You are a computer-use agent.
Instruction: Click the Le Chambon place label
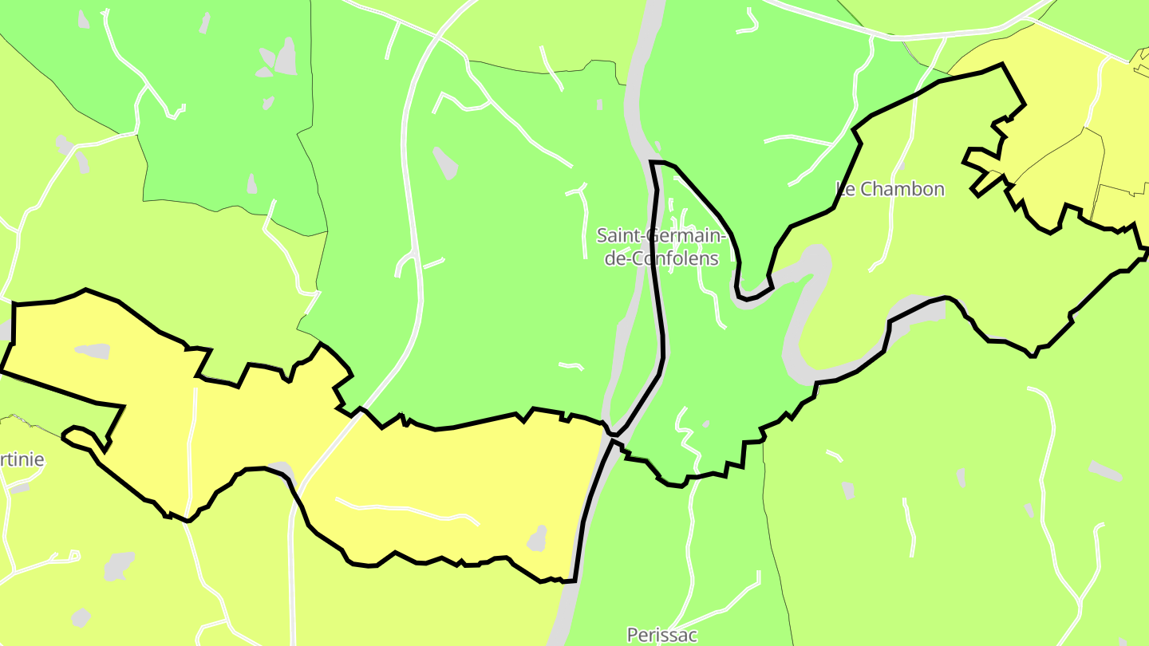pyautogui.click(x=890, y=189)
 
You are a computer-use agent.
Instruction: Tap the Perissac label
pyautogui.click(x=661, y=635)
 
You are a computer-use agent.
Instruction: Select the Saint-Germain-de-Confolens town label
pyautogui.click(x=661, y=246)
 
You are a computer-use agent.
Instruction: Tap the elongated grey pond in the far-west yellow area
pyautogui.click(x=93, y=350)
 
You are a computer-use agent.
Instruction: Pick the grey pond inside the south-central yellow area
pyautogui.click(x=538, y=539)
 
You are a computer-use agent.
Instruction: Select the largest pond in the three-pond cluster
pyautogui.click(x=285, y=57)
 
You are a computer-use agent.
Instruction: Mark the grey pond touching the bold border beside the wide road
pyautogui.click(x=279, y=467)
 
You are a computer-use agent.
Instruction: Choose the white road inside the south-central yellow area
pyautogui.click(x=407, y=511)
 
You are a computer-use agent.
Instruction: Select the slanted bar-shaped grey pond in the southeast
pyautogui.click(x=1104, y=471)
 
